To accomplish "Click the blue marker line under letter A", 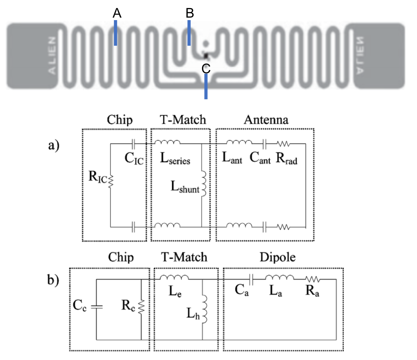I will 115,33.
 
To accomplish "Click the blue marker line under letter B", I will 189,33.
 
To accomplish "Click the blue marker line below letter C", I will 206,87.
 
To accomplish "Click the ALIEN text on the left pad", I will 52,55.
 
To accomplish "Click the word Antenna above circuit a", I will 266,120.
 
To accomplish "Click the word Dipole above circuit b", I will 277,257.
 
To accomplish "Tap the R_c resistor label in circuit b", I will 128,306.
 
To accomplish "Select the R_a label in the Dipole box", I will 312,291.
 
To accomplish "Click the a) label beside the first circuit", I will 54,145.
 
